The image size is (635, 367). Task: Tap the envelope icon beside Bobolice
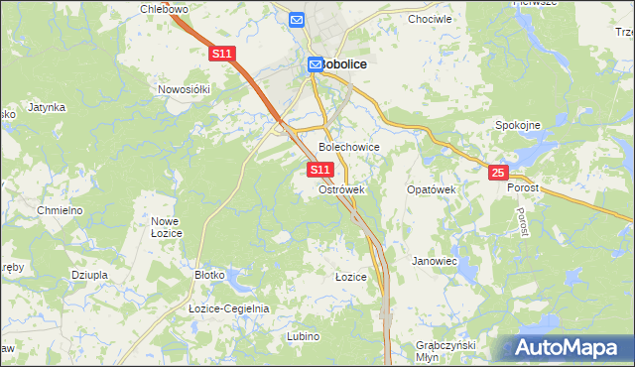click(x=315, y=63)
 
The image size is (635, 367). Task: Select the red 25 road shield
click(x=497, y=174)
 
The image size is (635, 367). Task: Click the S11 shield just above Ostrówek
click(x=319, y=171)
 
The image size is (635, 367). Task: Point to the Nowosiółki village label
click(x=185, y=89)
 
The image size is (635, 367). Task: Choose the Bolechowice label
click(x=348, y=146)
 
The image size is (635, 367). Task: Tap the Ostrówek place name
click(x=342, y=188)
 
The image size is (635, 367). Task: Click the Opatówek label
click(x=431, y=188)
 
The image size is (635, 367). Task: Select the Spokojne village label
click(x=518, y=125)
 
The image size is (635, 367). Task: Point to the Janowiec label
click(x=434, y=262)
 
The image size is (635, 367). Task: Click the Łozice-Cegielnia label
click(x=229, y=308)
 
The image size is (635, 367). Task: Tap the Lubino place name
click(x=304, y=336)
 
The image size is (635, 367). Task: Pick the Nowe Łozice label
click(x=164, y=226)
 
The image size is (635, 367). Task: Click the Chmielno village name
click(x=59, y=211)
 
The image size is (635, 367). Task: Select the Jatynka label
click(x=47, y=107)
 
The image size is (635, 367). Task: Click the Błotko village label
click(x=211, y=275)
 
